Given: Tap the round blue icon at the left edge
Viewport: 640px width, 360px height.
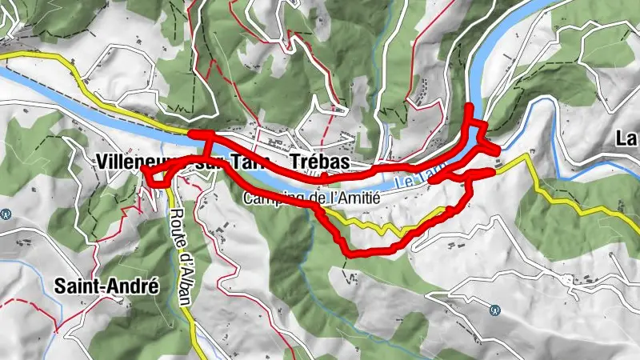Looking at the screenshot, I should point(6,214).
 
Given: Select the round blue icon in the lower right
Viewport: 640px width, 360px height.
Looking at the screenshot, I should point(494,310).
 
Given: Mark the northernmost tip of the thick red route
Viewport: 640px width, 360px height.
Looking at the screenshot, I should point(468,106).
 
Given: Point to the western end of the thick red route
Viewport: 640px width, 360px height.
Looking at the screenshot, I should point(142,169).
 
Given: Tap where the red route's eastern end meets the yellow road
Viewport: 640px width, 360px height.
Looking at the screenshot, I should point(494,170).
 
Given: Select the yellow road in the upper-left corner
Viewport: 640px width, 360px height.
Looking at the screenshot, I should point(48,58).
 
